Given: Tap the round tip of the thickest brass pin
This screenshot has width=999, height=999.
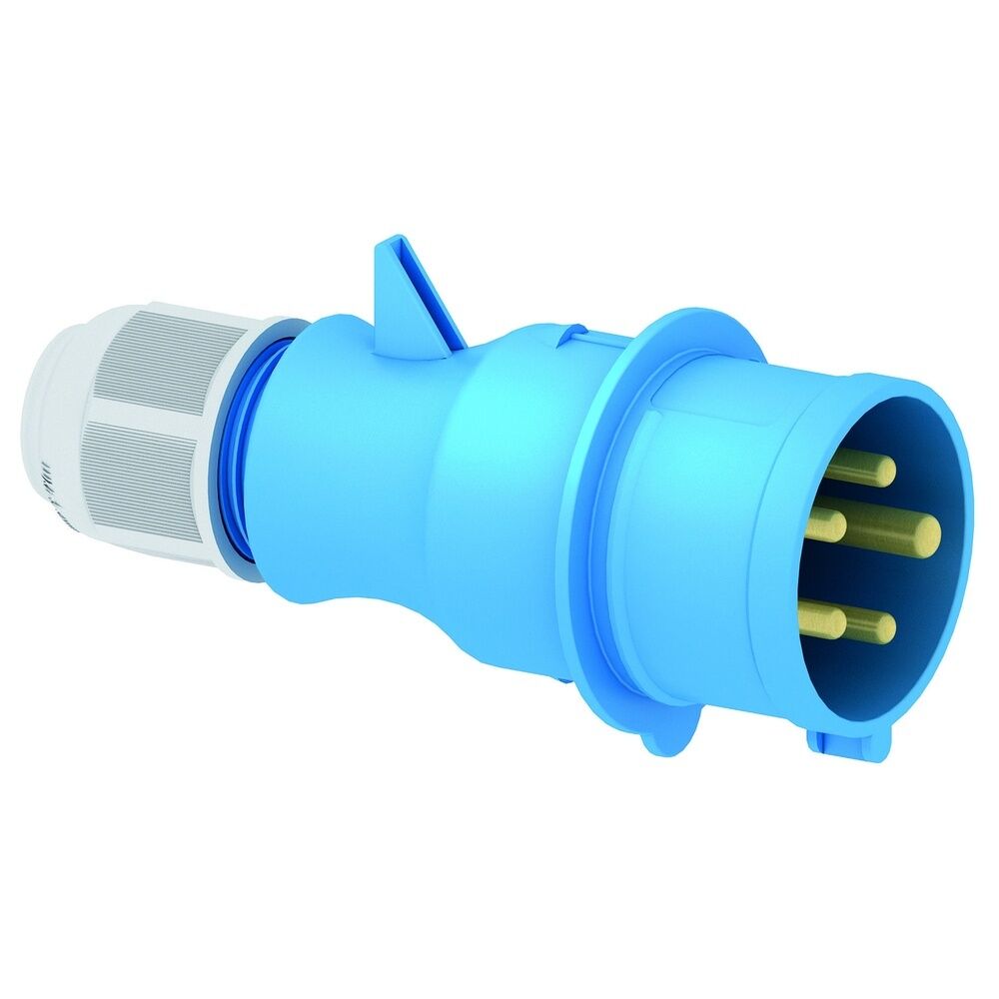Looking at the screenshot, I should [x=927, y=536].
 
